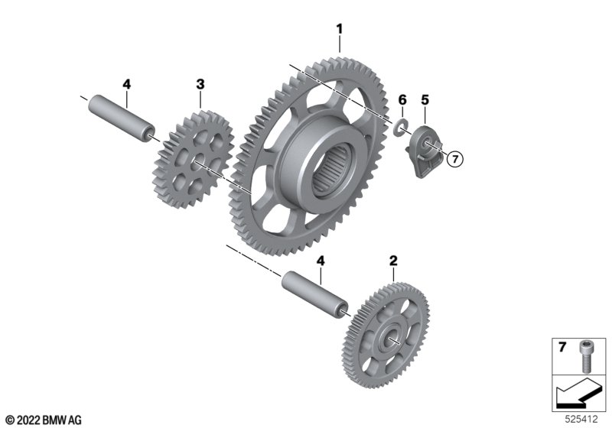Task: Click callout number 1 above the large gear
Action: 340,29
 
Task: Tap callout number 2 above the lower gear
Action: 393,261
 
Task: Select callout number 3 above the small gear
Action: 200,84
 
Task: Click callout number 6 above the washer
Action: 402,100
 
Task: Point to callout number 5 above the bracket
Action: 425,100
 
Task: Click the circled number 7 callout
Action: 454,159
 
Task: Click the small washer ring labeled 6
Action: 400,128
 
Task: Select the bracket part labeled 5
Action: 425,150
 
